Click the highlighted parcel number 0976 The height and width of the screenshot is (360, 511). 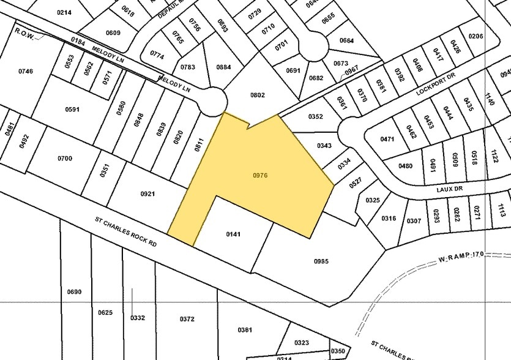click(x=260, y=176)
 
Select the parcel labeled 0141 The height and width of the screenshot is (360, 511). click(x=233, y=234)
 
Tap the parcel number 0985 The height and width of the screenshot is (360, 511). click(x=321, y=261)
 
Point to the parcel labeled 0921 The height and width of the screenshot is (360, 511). click(x=147, y=194)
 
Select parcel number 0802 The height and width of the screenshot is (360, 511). click(x=258, y=95)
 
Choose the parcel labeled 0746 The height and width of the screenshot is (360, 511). click(x=26, y=72)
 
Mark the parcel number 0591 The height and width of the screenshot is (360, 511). click(x=72, y=110)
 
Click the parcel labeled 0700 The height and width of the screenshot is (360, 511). click(x=65, y=159)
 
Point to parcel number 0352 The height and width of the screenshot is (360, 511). click(x=315, y=117)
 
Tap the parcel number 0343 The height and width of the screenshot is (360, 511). click(x=324, y=146)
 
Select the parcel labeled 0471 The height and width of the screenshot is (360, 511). click(x=387, y=140)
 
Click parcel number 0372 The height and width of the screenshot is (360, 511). click(x=187, y=318)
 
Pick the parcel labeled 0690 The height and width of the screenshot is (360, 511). click(x=73, y=292)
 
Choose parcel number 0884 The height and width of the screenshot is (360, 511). click(x=223, y=67)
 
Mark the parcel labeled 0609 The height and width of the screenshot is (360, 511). click(x=113, y=33)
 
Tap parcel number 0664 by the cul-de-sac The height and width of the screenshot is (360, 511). click(x=346, y=41)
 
